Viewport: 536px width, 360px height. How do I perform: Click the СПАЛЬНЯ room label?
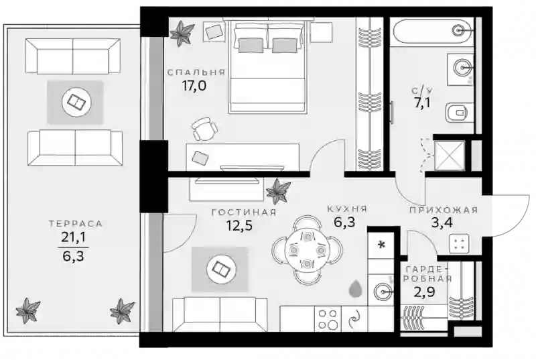pos(196,72)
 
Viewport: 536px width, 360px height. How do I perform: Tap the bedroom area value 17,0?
pos(194,85)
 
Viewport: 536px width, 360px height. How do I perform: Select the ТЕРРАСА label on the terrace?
pos(76,224)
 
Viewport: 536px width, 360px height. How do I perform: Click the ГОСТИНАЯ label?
pos(244,213)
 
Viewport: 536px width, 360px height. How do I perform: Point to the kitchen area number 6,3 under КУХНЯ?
pos(344,222)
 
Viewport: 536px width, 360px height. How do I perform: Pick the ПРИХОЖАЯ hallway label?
pos(444,210)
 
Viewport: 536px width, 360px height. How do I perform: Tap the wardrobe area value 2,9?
pos(424,292)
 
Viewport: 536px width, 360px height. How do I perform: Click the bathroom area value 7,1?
pos(423,103)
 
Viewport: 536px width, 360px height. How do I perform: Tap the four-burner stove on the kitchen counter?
pos(328,318)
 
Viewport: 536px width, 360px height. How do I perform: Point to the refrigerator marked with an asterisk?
pos(381,245)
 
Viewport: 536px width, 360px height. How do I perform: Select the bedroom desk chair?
pos(205,129)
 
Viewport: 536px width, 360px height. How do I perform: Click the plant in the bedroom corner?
pos(182,33)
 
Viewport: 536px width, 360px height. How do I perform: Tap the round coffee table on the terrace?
pos(76,101)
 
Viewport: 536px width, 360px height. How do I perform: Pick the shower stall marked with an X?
pos(450,156)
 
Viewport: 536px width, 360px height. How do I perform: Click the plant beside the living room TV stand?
pos(278,191)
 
